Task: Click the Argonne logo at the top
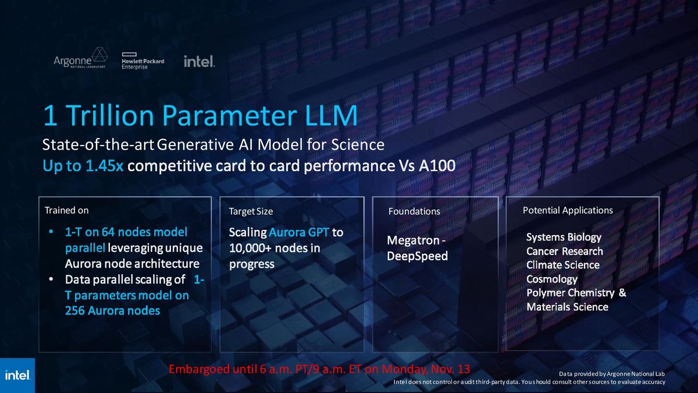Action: (80, 59)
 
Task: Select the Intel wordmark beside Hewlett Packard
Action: (199, 61)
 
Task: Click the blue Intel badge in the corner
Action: (17, 376)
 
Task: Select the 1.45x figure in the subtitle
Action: (102, 166)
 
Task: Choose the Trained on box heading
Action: (66, 210)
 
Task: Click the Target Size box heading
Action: (251, 211)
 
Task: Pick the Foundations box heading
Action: (414, 211)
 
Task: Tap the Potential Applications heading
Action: (568, 210)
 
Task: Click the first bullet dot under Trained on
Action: (52, 232)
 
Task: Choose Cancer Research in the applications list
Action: (564, 251)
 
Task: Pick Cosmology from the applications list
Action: (551, 279)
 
